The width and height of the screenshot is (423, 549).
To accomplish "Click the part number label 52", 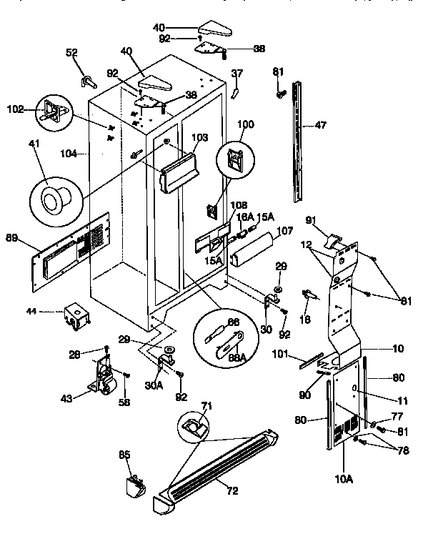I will (71, 53).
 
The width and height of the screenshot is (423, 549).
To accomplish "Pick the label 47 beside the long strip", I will (319, 124).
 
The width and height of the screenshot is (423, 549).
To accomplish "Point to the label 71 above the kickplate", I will (206, 406).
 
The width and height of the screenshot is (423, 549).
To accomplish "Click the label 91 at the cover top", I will (311, 219).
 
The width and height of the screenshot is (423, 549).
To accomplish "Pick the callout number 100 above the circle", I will (245, 124).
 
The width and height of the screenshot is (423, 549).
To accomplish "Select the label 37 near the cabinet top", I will (237, 73).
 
